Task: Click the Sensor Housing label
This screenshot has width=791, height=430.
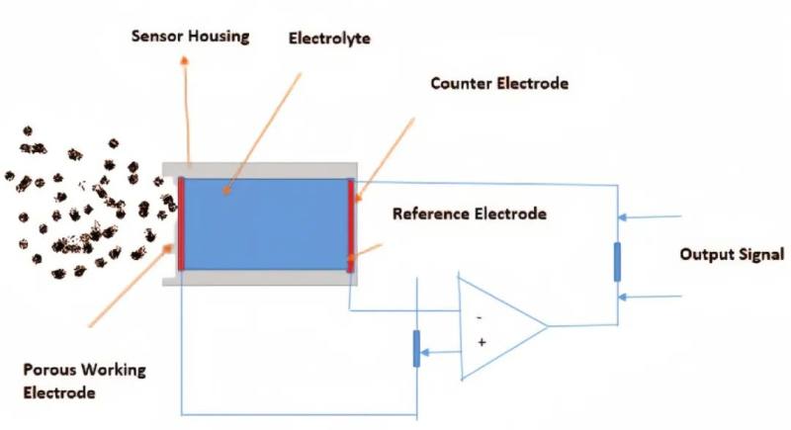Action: [x=190, y=37]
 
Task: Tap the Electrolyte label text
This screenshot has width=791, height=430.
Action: [x=329, y=39]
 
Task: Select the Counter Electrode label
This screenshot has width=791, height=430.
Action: [x=499, y=83]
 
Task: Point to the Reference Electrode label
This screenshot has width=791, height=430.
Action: [x=470, y=214]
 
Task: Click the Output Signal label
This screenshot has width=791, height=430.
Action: [x=732, y=254]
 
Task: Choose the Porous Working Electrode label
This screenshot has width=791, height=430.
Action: [x=84, y=382]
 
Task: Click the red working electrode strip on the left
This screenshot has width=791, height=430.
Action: [x=181, y=223]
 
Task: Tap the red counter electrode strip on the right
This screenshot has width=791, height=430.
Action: [x=351, y=225]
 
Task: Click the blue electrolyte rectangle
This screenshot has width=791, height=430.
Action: [x=266, y=224]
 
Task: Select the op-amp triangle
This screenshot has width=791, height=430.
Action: [x=502, y=326]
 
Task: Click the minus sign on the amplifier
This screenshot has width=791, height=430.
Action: [x=480, y=317]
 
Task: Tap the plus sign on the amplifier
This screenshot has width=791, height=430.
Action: [x=482, y=342]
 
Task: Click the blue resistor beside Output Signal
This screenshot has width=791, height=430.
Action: [x=617, y=262]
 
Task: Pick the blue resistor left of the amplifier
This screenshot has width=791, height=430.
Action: [x=416, y=348]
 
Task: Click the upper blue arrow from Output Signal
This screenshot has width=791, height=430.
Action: [x=650, y=217]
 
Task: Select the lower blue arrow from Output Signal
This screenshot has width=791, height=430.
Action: [x=650, y=297]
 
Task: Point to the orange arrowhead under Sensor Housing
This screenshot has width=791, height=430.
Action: [x=185, y=61]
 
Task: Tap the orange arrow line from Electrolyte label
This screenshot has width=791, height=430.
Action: [x=263, y=133]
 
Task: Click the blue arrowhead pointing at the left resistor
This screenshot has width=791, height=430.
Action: [x=425, y=352]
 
